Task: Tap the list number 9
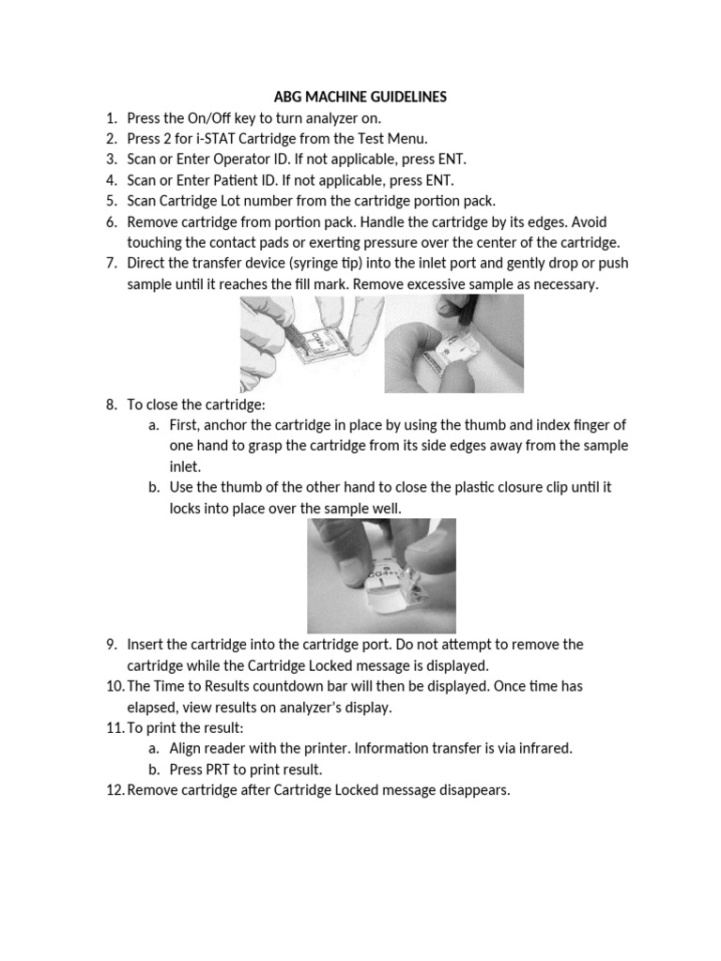tap(111, 644)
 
